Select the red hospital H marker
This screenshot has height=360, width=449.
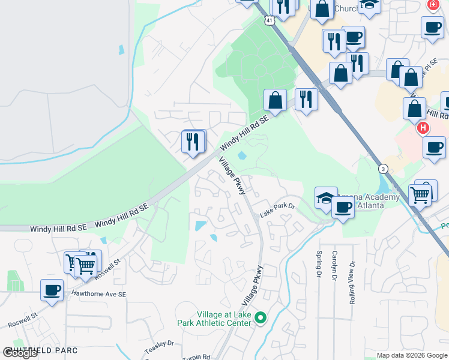pos(423,128)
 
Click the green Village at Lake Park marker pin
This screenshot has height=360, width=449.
pos(260,317)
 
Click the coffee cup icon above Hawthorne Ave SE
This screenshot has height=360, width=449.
pos(52,290)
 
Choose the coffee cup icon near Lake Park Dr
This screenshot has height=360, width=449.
pos(343,208)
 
